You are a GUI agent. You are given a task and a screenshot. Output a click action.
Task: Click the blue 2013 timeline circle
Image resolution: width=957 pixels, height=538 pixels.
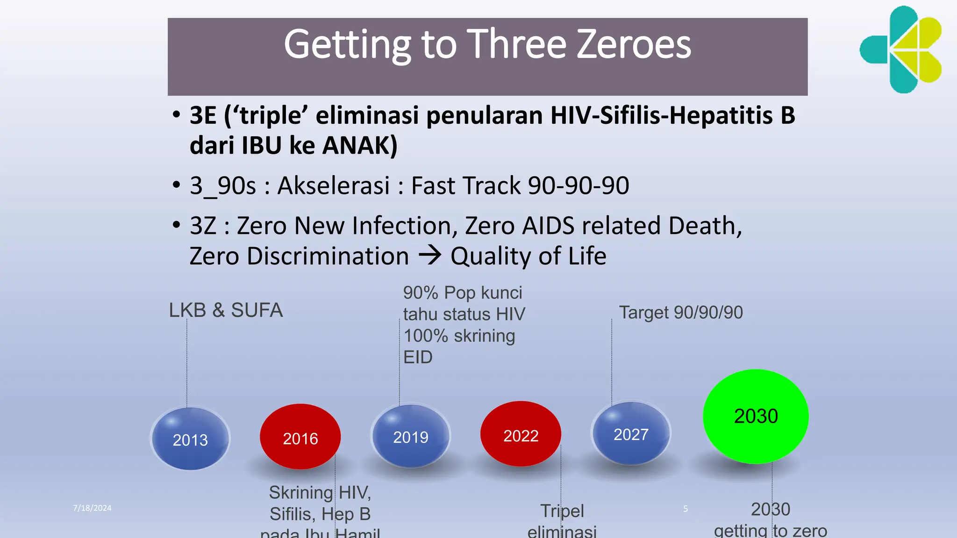click(x=190, y=438)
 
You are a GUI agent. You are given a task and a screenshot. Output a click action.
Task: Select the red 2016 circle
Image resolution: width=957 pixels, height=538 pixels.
click(x=300, y=437)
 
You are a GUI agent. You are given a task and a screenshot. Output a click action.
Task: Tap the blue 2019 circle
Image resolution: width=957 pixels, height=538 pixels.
click(x=411, y=436)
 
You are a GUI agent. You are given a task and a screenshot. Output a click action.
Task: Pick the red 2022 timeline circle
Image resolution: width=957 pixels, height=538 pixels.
click(x=521, y=434)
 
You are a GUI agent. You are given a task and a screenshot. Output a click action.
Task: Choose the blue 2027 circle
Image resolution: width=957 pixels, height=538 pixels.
click(x=631, y=433)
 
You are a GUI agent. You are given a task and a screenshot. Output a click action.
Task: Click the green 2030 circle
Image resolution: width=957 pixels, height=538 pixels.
click(x=756, y=416)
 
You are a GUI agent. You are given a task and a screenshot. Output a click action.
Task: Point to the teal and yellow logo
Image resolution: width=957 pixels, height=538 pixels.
click(x=901, y=50)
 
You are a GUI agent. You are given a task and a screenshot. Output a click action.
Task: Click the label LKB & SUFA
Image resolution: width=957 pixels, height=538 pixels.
click(x=226, y=310)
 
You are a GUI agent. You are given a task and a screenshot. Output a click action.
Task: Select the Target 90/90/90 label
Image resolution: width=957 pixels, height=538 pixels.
click(x=681, y=312)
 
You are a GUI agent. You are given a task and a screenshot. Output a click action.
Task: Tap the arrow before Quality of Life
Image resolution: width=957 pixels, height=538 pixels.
click(x=429, y=255)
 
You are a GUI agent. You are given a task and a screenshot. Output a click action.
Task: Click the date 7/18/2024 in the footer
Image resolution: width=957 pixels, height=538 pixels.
click(x=92, y=508)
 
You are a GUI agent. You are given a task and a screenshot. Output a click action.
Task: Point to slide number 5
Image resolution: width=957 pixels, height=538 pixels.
click(x=686, y=509)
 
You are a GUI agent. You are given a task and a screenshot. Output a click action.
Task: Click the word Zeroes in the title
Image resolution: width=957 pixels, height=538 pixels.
click(x=634, y=44)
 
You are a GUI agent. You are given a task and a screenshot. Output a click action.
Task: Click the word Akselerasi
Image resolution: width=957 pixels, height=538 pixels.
click(x=334, y=185)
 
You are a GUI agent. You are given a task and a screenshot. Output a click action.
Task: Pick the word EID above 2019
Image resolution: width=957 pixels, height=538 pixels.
click(x=418, y=357)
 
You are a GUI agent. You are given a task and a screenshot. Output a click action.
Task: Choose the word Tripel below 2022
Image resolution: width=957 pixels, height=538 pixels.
click(x=562, y=511)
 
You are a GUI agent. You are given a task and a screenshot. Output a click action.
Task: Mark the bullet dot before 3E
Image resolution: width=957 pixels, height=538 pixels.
click(x=176, y=115)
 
